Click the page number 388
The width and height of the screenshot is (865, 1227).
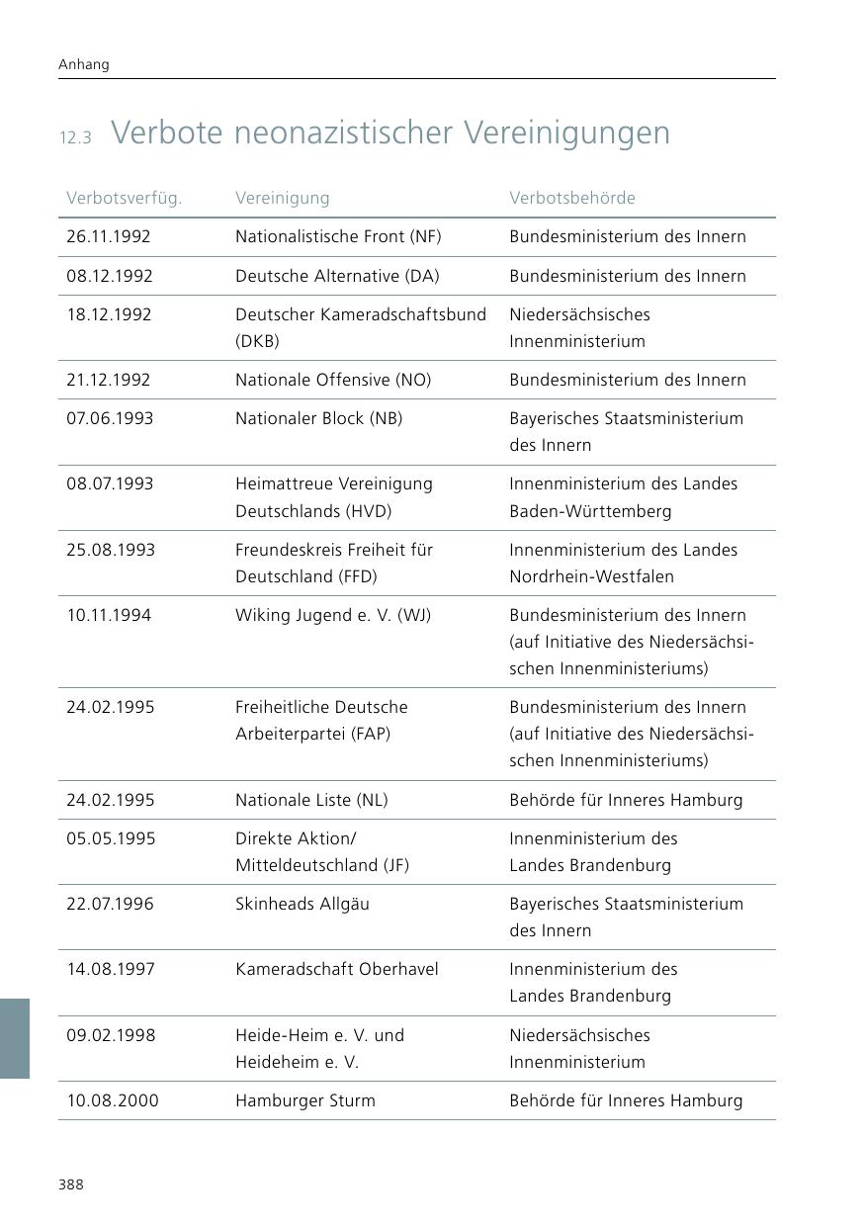pos(71,1184)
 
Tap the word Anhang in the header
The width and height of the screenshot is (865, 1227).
pos(84,64)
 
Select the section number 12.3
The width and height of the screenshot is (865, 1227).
pos(75,137)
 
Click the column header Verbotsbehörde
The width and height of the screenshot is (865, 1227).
pos(572,198)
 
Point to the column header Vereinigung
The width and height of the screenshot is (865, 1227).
pos(283,198)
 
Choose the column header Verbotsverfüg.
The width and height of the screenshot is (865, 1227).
pos(125,198)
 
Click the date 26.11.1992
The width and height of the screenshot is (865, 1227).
pos(109,236)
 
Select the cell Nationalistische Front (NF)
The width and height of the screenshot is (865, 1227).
pos(338,236)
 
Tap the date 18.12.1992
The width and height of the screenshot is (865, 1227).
pos(109,314)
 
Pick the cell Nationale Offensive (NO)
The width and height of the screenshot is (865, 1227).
pos(333,380)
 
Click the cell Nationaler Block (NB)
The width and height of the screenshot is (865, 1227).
pos(319,418)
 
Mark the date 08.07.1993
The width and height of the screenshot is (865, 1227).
pos(110,483)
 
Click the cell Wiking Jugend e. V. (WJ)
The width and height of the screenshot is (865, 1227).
pos(333,615)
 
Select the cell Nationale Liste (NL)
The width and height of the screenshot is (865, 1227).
pos(311,800)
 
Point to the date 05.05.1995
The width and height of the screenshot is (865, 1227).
pos(110,838)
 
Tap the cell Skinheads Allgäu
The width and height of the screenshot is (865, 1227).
pos(303,904)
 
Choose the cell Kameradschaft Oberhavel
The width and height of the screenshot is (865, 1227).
pos(337,969)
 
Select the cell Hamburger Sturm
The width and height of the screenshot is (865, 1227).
pos(305,1100)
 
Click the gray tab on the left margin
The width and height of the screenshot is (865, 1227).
pos(15,1038)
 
